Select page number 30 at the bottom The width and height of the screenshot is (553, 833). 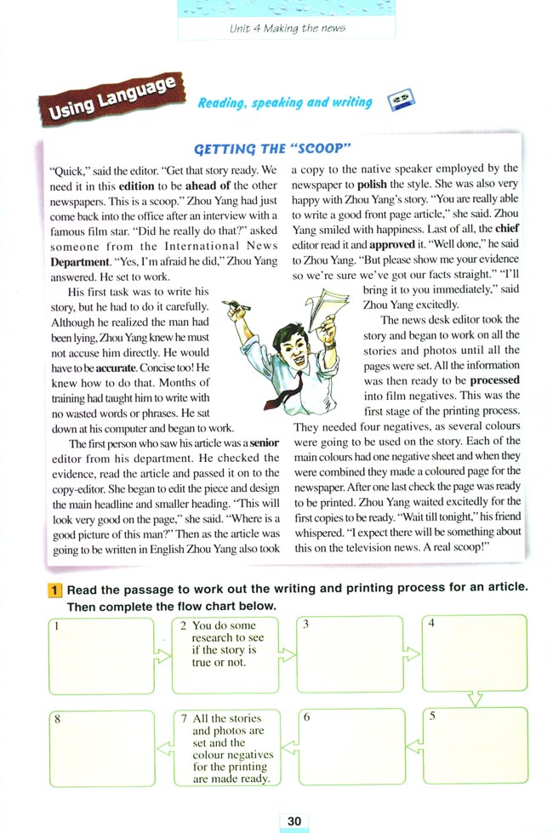click(294, 820)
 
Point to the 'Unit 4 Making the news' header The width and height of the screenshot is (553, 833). click(287, 28)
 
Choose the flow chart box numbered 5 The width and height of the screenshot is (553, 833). click(475, 747)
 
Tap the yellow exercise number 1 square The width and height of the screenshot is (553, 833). click(54, 590)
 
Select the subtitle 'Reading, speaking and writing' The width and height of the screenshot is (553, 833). click(284, 103)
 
